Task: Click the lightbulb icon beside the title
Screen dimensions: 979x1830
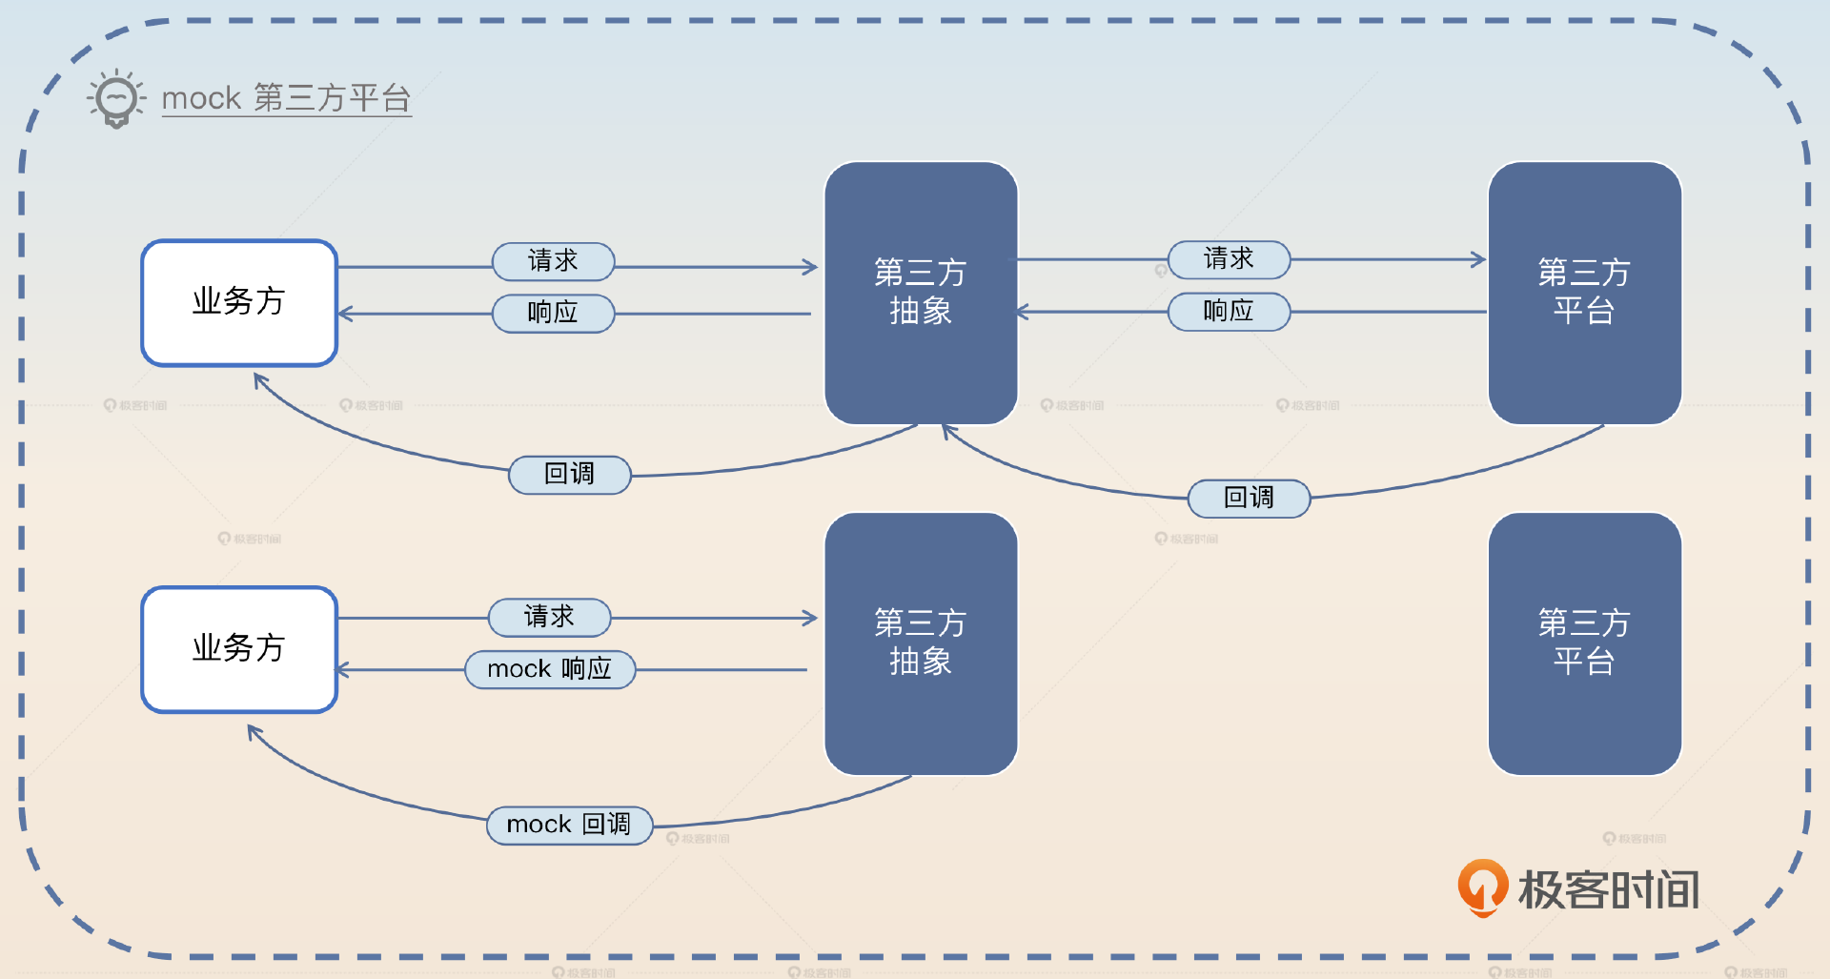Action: (116, 98)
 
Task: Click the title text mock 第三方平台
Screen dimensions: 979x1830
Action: (286, 98)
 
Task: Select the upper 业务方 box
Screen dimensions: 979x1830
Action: (239, 302)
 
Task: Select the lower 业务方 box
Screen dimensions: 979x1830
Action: (239, 649)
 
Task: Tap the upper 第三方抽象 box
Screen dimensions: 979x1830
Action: (921, 293)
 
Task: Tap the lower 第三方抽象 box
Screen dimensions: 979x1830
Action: (921, 643)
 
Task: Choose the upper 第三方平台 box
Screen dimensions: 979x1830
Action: (1584, 293)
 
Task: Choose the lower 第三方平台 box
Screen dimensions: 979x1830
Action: (1584, 643)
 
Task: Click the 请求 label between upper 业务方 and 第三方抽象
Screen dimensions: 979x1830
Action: (553, 261)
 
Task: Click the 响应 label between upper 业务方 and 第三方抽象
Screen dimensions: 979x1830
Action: (553, 313)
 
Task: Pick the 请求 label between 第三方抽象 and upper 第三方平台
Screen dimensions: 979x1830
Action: (1229, 259)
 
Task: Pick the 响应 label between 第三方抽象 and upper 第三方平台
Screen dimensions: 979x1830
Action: (1229, 311)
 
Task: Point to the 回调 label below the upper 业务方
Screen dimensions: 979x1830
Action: (569, 474)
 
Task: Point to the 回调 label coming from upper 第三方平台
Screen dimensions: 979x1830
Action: (1249, 498)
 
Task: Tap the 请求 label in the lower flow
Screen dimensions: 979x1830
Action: (549, 617)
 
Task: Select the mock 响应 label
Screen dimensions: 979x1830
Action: (549, 669)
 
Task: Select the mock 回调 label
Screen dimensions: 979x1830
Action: (569, 825)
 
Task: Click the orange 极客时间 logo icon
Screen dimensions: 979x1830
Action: (1482, 887)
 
